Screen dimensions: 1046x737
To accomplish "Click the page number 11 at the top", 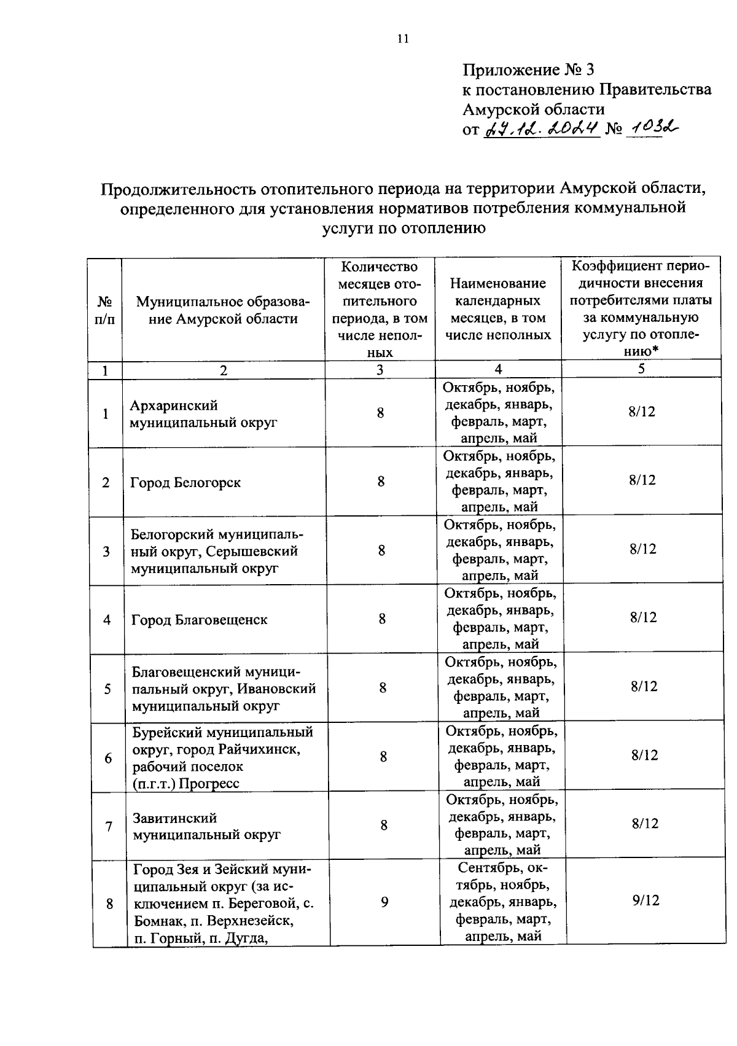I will point(402,39).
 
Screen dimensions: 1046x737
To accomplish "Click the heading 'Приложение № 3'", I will point(528,69).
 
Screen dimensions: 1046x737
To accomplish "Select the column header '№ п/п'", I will point(105,310).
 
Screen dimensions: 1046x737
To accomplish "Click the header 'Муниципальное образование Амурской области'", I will point(224,310).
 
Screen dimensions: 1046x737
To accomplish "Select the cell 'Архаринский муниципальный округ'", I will point(203,414).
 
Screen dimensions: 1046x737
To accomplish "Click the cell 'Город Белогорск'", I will point(185,483).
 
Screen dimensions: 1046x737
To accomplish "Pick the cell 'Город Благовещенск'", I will point(200,620).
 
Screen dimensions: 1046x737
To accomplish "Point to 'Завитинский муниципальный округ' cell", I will point(206,826).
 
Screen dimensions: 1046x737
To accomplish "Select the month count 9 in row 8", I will point(384,902).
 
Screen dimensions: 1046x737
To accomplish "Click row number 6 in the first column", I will point(108,758).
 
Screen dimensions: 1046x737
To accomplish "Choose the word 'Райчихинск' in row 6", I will point(262,750).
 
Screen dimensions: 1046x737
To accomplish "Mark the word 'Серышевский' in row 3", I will point(252,552).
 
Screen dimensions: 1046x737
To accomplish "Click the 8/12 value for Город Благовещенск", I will point(643,617).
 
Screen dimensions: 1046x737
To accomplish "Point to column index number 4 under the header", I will point(498,369).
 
